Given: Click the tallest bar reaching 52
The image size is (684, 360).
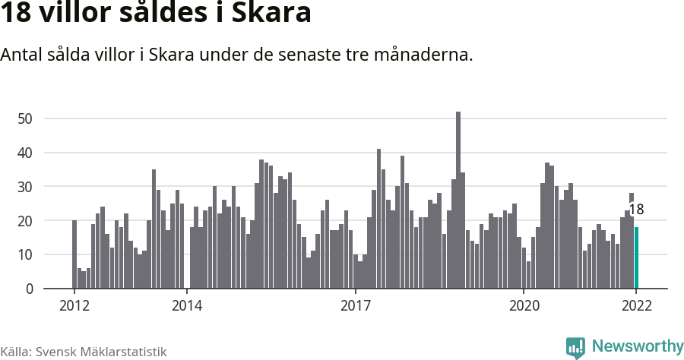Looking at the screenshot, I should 458,201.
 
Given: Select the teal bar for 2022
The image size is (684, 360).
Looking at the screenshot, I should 636,258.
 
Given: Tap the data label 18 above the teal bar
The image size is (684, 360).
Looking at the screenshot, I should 636,210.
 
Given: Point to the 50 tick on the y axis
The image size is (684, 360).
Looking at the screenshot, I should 25,118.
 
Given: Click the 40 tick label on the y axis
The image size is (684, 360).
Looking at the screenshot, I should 25,153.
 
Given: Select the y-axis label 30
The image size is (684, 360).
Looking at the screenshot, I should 25,187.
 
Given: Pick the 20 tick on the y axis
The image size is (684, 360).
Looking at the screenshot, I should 25,221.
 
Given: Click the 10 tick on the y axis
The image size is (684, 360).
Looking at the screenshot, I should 25,255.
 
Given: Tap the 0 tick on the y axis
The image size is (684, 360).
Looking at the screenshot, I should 29,289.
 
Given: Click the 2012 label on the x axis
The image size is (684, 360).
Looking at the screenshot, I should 74,306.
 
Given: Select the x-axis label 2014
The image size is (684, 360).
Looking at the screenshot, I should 187,306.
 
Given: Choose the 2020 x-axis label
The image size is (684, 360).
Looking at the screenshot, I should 524,306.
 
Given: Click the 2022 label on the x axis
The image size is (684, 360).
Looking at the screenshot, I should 636,306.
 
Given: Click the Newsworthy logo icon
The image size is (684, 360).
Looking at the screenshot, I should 575,347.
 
